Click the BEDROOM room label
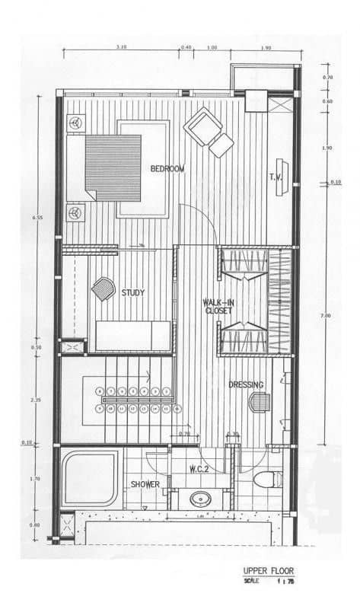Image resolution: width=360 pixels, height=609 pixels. point(167,168)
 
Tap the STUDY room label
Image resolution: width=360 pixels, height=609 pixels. point(132,292)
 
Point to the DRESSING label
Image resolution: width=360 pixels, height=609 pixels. point(245,385)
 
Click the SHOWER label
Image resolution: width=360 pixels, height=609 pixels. point(145,484)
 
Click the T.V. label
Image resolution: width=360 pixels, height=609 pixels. point(276,177)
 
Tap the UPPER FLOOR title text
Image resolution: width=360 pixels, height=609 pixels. point(268,570)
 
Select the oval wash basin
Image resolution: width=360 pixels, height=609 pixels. point(201,500)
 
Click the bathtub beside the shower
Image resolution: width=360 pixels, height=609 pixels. point(91,479)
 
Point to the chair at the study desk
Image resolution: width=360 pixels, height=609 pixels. point(102,289)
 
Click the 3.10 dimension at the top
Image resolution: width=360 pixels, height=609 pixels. point(122,47)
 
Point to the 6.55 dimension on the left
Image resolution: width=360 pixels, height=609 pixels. point(35,218)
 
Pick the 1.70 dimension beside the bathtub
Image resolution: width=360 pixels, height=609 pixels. point(36,479)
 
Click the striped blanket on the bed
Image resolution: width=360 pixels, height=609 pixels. point(113,167)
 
